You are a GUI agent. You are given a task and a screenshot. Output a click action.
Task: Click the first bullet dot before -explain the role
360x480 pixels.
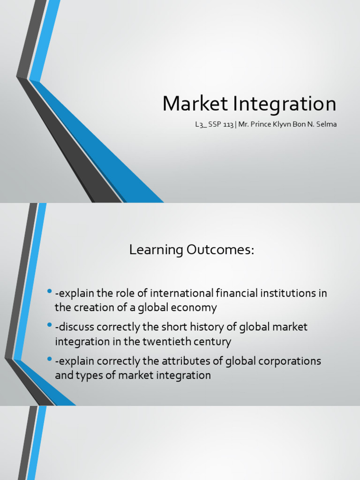[50, 293]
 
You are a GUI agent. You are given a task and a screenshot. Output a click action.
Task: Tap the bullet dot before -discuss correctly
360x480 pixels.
[50, 326]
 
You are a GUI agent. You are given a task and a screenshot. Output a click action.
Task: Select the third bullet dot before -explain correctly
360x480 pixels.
[50, 360]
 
